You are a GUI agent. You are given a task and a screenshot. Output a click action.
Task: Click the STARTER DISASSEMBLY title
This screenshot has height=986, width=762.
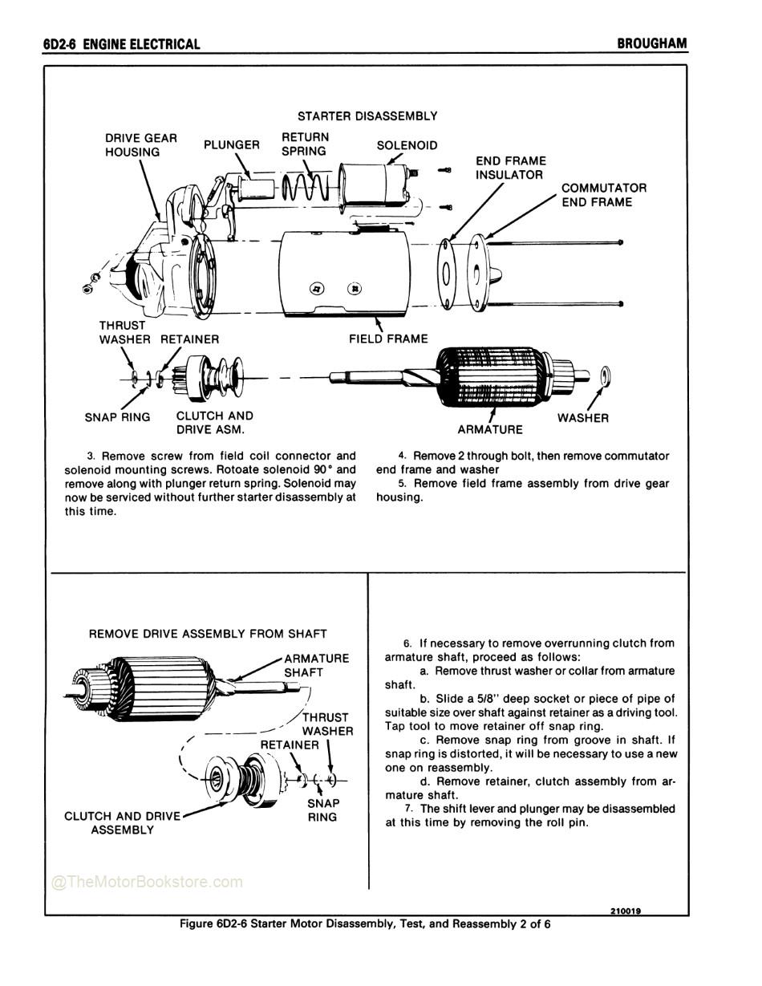coord(367,116)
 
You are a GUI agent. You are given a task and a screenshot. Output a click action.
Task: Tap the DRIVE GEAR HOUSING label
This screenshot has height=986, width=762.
coord(140,145)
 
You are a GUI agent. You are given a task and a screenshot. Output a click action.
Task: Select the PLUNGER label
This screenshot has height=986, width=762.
coord(231,145)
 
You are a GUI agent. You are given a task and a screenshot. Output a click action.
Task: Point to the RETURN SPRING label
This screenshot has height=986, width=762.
coord(305,144)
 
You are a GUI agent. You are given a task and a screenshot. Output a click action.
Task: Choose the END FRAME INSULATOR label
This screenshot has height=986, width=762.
coord(510,168)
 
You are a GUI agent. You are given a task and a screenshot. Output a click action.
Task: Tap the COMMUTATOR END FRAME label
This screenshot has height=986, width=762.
coord(603,195)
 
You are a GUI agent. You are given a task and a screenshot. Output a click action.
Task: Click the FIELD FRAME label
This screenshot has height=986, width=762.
coord(388,339)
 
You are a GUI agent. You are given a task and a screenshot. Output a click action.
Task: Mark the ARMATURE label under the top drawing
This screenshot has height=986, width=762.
coord(490,430)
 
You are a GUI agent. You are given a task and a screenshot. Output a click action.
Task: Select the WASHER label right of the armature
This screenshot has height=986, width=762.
coord(582,418)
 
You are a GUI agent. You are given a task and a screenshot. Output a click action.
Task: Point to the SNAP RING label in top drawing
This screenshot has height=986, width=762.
coord(117,417)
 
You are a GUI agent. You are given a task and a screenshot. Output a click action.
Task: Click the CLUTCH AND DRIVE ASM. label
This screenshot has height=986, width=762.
coord(214,423)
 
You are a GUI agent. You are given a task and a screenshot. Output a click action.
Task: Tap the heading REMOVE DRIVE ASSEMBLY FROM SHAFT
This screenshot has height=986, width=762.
coord(208,634)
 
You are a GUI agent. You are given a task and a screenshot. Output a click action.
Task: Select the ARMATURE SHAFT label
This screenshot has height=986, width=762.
coord(316,665)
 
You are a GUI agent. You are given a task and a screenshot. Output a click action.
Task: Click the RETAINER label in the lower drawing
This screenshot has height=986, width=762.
coord(290,745)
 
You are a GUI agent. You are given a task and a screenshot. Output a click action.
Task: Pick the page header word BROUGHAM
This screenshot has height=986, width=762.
coord(651,43)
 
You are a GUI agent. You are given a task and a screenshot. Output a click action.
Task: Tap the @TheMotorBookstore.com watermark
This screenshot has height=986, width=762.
coord(147,882)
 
